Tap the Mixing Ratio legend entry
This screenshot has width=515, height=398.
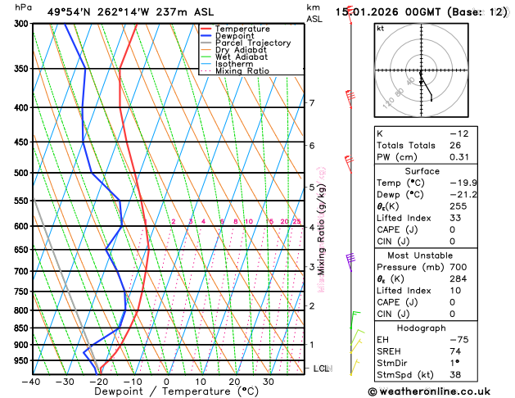click(x=242, y=70)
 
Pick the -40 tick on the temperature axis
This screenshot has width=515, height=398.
click(x=32, y=382)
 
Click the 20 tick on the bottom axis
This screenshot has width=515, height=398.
click(x=234, y=382)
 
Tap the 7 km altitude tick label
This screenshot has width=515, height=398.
click(x=311, y=103)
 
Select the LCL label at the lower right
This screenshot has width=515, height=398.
click(x=321, y=369)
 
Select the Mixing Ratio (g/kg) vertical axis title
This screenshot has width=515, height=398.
click(x=322, y=228)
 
